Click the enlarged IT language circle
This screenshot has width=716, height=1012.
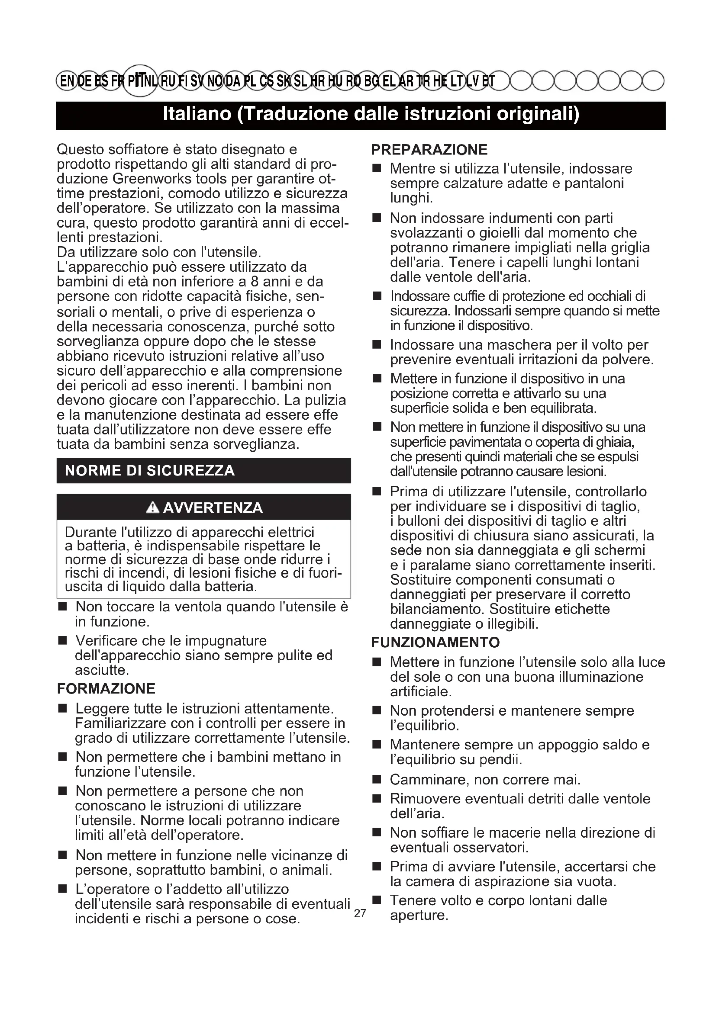click(x=139, y=80)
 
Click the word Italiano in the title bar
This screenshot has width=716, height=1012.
click(x=197, y=115)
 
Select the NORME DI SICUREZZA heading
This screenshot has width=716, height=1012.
click(x=150, y=471)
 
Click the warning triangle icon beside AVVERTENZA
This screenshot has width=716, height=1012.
click(x=152, y=508)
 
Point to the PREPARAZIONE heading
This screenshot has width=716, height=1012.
click(x=429, y=150)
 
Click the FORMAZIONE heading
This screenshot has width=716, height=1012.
click(x=106, y=688)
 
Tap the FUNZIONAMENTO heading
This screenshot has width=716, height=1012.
click(x=435, y=642)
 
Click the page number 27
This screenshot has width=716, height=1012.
click(x=360, y=913)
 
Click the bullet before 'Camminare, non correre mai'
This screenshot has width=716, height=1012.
click(x=377, y=780)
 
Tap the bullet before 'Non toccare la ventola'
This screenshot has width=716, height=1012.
click(x=63, y=607)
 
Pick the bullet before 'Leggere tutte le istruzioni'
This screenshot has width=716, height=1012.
click(x=63, y=709)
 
